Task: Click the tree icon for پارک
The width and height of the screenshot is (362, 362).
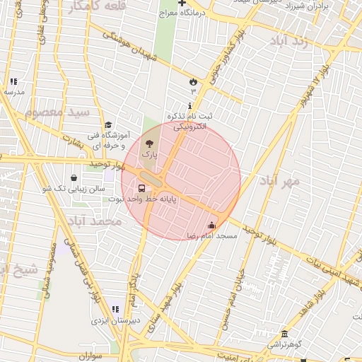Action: coord(148,144)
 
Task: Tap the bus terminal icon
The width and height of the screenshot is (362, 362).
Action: coord(142,189)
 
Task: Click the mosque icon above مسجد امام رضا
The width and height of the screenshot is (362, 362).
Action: coord(211,226)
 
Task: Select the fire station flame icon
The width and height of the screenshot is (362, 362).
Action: coord(192,81)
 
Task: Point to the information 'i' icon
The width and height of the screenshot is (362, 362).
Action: coord(189,105)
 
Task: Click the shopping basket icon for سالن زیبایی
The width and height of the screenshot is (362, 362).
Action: coord(75,178)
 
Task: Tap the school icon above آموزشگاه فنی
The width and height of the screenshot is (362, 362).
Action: coord(107,124)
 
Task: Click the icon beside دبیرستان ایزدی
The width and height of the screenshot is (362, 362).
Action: coord(115,310)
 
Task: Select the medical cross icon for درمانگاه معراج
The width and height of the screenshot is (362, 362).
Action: coord(182,4)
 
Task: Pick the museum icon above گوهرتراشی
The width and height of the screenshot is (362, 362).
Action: coord(284,334)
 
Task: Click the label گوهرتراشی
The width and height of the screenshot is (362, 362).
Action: coord(283,344)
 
